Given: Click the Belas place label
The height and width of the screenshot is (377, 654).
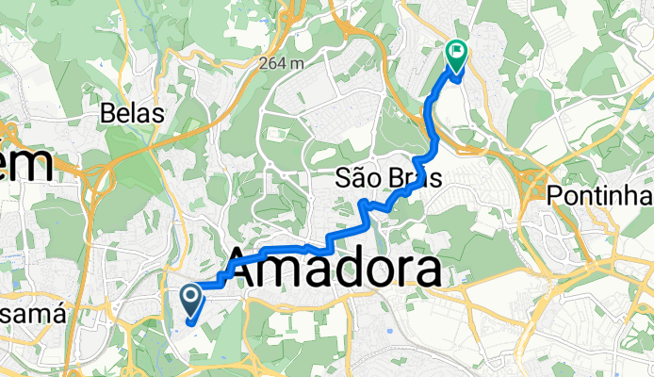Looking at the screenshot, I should [x=133, y=114].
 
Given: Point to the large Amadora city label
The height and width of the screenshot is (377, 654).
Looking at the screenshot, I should [x=332, y=270].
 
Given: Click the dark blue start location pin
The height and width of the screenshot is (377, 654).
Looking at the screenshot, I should [x=189, y=302].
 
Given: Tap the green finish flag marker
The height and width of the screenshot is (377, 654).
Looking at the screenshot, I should [x=456, y=57].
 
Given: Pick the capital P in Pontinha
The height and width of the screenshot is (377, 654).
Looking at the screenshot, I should [x=556, y=195].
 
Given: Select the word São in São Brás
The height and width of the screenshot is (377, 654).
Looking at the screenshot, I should [x=357, y=178].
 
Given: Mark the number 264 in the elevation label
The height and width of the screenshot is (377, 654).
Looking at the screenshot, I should [x=275, y=63].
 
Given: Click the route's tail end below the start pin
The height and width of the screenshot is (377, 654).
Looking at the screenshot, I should [x=189, y=323].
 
